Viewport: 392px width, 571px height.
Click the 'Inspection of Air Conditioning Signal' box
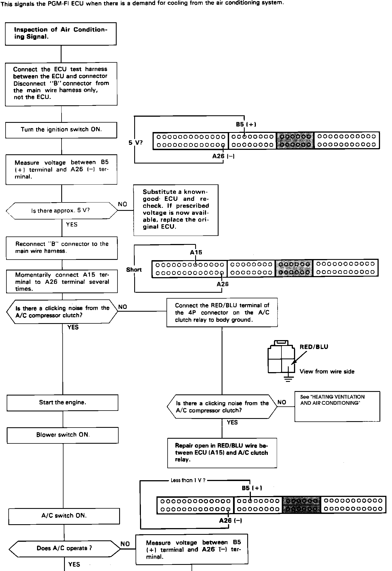pyautogui.click(x=61, y=34)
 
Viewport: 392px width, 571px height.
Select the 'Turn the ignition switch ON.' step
pyautogui.click(x=61, y=130)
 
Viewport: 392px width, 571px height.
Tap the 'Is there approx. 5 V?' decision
pyautogui.click(x=62, y=211)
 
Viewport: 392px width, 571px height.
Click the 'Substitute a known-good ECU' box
pyautogui.click(x=176, y=210)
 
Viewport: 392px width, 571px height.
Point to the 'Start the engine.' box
pyautogui.click(x=62, y=402)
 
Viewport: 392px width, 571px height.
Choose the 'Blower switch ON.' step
pyautogui.click(x=63, y=435)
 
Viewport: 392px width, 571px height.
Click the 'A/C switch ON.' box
pyautogui.click(x=64, y=516)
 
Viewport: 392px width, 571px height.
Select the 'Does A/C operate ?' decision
pyautogui.click(x=65, y=548)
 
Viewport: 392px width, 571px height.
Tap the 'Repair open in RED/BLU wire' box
pyautogui.click(x=222, y=453)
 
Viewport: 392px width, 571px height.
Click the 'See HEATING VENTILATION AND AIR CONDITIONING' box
pyautogui.click(x=337, y=406)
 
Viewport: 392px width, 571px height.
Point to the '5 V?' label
pyautogui.click(x=135, y=143)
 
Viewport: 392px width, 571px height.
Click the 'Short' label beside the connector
pyautogui.click(x=134, y=270)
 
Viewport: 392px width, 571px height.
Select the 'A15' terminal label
pyautogui.click(x=196, y=252)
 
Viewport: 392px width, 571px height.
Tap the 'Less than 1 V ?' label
pyautogui.click(x=188, y=480)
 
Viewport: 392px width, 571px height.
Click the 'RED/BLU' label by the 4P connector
pyautogui.click(x=314, y=347)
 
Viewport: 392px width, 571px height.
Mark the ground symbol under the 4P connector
pyautogui.click(x=288, y=379)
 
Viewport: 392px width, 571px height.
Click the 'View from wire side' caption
pyautogui.click(x=327, y=371)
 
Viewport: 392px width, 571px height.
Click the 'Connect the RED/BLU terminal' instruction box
pyautogui.click(x=222, y=313)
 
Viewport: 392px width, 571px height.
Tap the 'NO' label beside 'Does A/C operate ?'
pyautogui.click(x=125, y=544)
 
